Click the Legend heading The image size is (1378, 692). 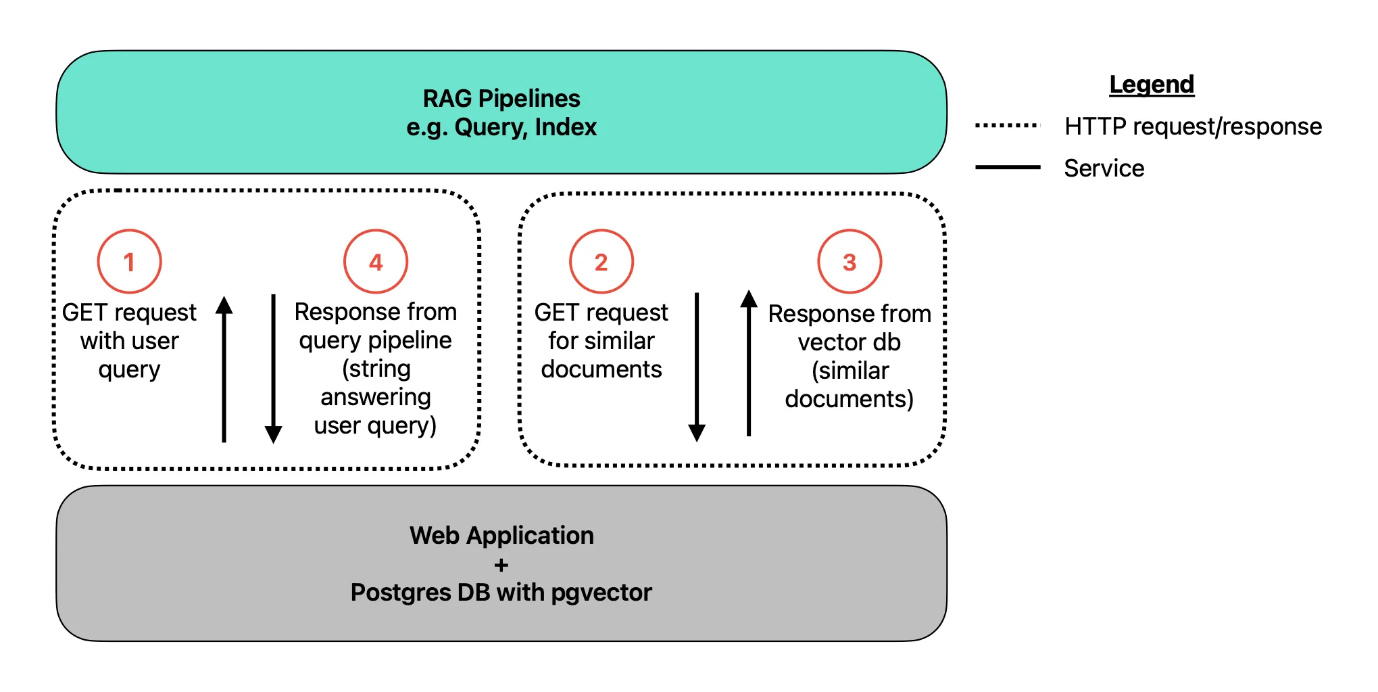[1152, 85]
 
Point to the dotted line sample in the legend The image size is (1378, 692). [1007, 125]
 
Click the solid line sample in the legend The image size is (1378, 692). [1008, 167]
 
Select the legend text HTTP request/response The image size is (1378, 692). [1193, 126]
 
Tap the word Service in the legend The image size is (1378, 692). [1104, 168]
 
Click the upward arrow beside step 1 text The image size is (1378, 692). [224, 369]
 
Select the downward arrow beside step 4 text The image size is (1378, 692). [274, 369]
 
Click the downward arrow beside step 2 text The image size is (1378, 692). [697, 367]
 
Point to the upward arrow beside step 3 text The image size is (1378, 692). [749, 363]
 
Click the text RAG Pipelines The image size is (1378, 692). [501, 99]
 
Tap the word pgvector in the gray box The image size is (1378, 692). [601, 593]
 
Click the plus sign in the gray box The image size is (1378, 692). [501, 565]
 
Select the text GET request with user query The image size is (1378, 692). [129, 341]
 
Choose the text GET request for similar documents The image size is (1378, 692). [601, 341]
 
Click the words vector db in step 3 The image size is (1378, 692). [849, 342]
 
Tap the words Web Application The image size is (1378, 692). [501, 536]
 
